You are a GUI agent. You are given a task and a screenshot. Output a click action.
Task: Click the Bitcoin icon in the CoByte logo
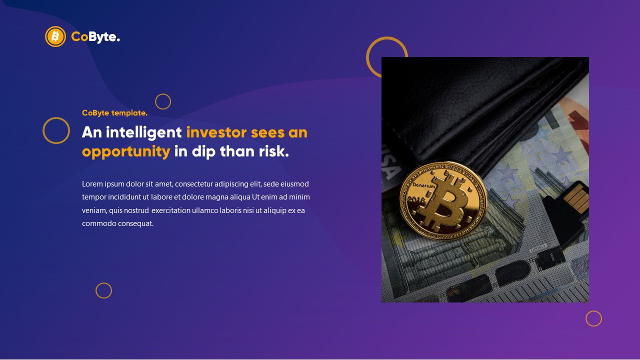[x=55, y=36]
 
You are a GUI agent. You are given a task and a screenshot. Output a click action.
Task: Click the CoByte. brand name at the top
[x=95, y=36]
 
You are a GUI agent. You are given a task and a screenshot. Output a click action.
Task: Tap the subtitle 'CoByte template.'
[x=114, y=113]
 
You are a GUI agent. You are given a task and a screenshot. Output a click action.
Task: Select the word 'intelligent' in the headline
[x=144, y=132]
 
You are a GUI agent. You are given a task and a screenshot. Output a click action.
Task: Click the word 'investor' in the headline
[x=216, y=132]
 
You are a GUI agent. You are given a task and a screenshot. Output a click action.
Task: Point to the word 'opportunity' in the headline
[x=126, y=151]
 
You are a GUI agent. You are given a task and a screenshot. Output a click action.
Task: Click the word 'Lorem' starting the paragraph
[x=92, y=184]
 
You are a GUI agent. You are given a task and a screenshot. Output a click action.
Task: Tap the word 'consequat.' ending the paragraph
[x=135, y=223]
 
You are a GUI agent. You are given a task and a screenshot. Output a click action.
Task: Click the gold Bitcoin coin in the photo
[x=442, y=200]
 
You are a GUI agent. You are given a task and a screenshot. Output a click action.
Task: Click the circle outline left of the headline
[x=56, y=130]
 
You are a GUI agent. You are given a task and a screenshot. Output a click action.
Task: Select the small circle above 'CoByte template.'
[x=163, y=101]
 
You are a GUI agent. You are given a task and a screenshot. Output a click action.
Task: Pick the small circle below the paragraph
[x=103, y=290]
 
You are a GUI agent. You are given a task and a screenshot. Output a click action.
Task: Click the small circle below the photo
[x=593, y=318]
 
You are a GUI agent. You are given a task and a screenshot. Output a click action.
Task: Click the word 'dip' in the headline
[x=203, y=151]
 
